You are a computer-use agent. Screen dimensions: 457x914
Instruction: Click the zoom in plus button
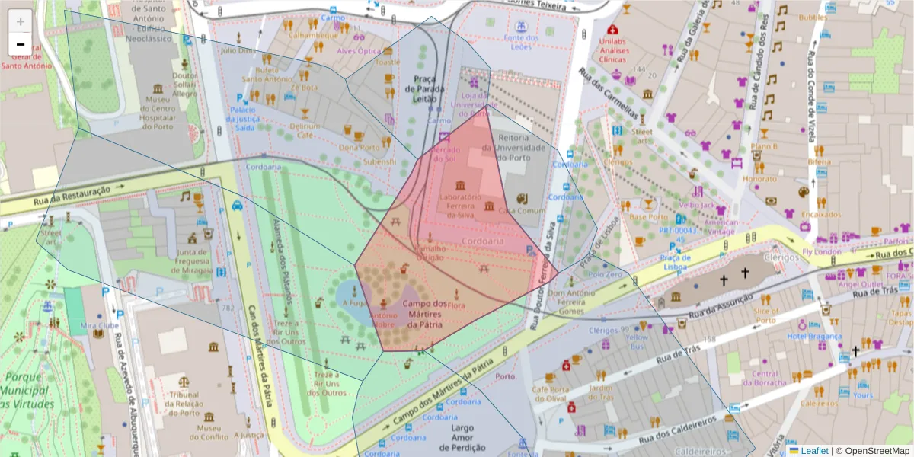tap(20, 21)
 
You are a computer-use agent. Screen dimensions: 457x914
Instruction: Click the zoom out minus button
tap(20, 44)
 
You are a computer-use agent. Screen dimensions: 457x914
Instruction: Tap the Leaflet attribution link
tap(808, 450)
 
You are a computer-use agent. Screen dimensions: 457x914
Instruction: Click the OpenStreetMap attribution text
tap(872, 450)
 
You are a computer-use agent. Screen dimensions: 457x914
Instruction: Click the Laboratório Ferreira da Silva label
tap(461, 201)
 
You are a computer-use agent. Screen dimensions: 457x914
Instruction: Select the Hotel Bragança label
tap(814, 337)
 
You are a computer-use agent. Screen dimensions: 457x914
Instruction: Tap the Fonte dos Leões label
tap(521, 43)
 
